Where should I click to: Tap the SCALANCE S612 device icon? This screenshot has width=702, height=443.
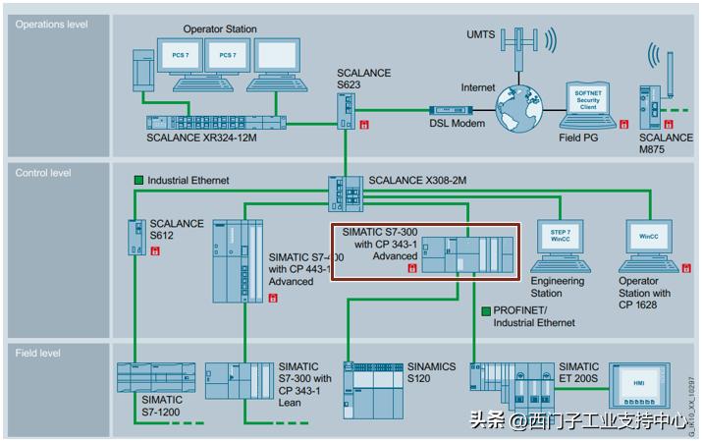click(135, 235)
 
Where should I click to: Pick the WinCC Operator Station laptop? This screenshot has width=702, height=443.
click(649, 245)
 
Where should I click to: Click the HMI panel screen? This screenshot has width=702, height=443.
click(639, 383)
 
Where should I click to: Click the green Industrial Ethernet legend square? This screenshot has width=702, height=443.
click(139, 180)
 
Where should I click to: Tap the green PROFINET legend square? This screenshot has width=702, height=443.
click(486, 310)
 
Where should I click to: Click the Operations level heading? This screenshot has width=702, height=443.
click(51, 25)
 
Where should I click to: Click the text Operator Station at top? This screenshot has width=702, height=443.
click(220, 29)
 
